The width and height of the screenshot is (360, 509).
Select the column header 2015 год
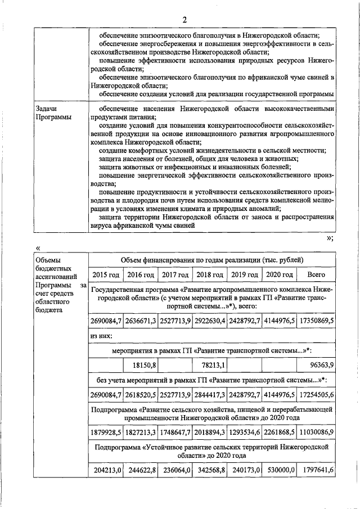[106, 274]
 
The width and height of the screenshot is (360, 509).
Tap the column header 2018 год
[209, 274]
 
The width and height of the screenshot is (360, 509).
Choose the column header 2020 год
[279, 274]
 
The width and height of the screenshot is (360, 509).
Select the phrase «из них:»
[101, 336]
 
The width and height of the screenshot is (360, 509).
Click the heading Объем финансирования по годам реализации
[211, 260]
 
